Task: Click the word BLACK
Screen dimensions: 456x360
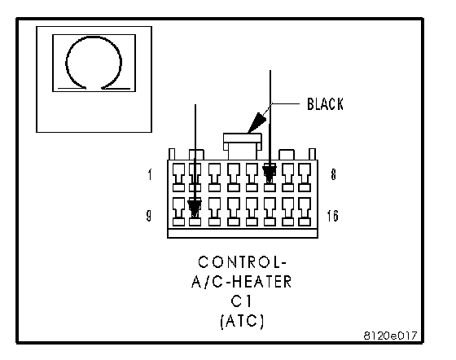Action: [x=325, y=103]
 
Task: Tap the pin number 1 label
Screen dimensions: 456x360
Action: [x=150, y=174]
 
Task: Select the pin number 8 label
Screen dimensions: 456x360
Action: [x=333, y=174]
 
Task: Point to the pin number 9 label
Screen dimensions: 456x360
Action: [x=148, y=216]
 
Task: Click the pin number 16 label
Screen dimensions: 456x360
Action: [x=333, y=216]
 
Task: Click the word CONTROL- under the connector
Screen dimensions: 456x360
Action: [x=242, y=262]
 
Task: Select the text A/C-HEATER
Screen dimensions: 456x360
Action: [x=241, y=282]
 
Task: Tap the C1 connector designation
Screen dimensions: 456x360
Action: [x=241, y=301]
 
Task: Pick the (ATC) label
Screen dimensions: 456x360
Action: [x=242, y=321]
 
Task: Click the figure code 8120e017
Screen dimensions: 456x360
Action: [x=390, y=336]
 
